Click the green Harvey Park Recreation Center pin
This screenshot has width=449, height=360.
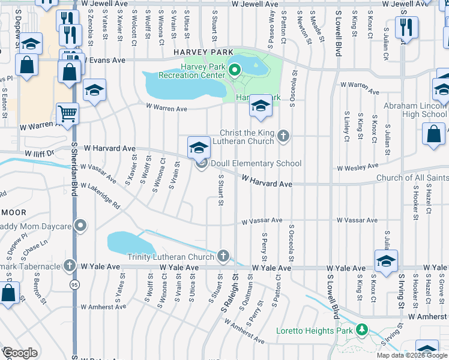tap(234, 72)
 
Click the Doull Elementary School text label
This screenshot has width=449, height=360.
tap(255, 164)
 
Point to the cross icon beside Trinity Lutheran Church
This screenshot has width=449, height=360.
tap(223, 257)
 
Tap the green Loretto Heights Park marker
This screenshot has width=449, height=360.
tap(361, 330)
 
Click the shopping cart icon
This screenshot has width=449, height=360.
tap(67, 113)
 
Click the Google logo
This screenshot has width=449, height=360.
tap(20, 352)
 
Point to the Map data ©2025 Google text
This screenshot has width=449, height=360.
tap(412, 355)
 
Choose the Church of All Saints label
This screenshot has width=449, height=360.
tap(412, 178)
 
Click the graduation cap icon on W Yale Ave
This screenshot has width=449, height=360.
tap(386, 260)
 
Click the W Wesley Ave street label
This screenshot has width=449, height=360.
tap(358, 167)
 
